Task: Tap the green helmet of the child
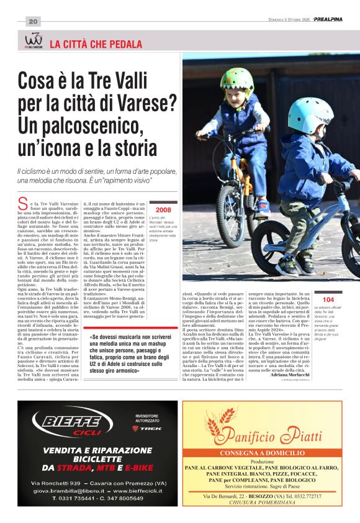click(236, 80)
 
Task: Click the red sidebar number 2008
click(163, 210)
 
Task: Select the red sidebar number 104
click(328, 299)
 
